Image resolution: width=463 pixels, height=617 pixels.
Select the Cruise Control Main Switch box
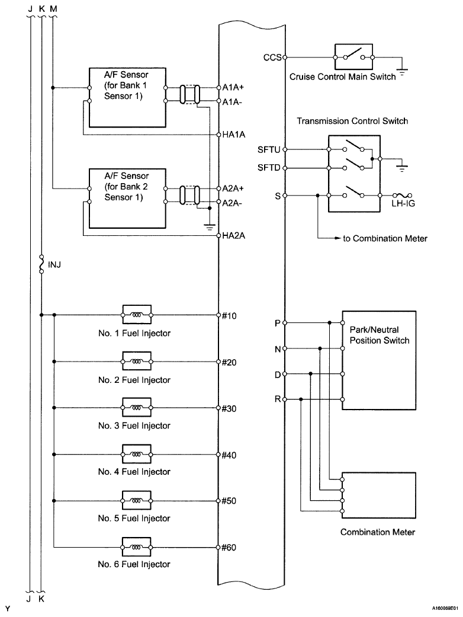[354, 58]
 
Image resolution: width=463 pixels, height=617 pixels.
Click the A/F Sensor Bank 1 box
[126, 97]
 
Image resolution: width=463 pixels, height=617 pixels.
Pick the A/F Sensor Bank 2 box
[126, 198]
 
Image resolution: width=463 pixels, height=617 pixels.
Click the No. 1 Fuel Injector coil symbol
[137, 315]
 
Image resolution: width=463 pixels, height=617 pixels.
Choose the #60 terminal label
[229, 547]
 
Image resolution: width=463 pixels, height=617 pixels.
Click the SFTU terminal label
[269, 149]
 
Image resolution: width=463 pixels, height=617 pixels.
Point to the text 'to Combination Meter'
[385, 239]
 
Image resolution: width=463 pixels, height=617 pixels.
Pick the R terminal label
[277, 399]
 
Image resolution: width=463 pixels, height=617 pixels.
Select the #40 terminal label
[229, 455]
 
